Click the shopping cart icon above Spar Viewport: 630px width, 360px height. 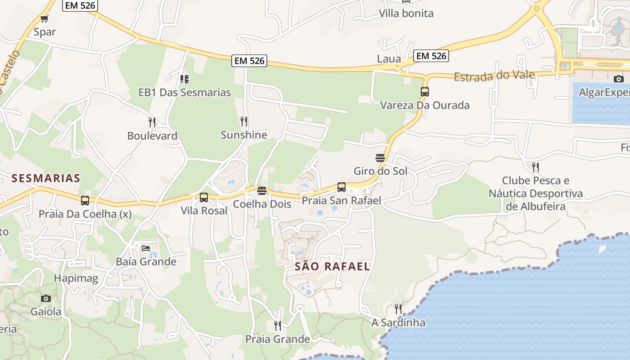pyautogui.click(x=44, y=18)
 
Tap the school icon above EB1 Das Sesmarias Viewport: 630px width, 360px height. pyautogui.click(x=184, y=79)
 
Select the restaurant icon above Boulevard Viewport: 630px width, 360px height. pyautogui.click(x=152, y=122)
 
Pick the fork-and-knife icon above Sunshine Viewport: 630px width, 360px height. pyautogui.click(x=243, y=121)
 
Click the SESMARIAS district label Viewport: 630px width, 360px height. pyautogui.click(x=46, y=178)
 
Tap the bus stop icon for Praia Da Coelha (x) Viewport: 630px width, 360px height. pyautogui.click(x=85, y=201)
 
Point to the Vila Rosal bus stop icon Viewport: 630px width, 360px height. pyautogui.click(x=204, y=197)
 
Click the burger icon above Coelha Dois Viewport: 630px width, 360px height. pyautogui.click(x=262, y=191)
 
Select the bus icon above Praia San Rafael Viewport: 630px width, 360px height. pyautogui.click(x=342, y=187)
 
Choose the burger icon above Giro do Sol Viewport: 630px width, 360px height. pyautogui.click(x=380, y=157)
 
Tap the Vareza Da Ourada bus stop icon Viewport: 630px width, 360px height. pyautogui.click(x=424, y=92)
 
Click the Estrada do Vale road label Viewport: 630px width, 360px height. pyautogui.click(x=494, y=76)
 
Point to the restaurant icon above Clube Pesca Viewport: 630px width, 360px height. pyautogui.click(x=535, y=167)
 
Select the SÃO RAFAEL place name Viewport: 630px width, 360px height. pyautogui.click(x=333, y=266)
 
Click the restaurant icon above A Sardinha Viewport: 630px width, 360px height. pyautogui.click(x=398, y=309)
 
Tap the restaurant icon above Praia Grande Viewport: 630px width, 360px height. pyautogui.click(x=278, y=325)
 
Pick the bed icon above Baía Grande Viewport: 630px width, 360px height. pyautogui.click(x=146, y=248)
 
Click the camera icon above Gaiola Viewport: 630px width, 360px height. pyautogui.click(x=45, y=298)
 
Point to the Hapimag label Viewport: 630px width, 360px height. pyautogui.click(x=76, y=279)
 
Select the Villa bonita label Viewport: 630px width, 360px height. pyautogui.click(x=406, y=13)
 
